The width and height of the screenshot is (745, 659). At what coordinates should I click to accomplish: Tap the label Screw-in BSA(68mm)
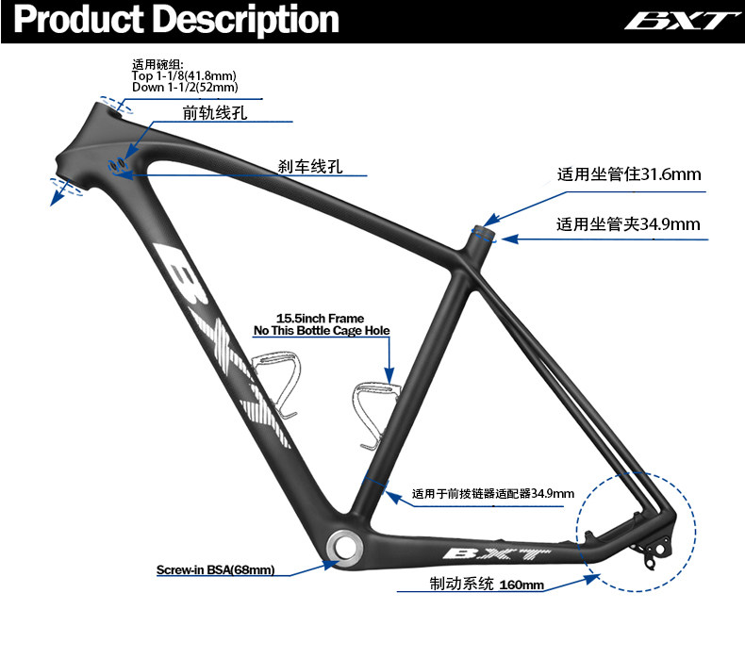click(x=215, y=569)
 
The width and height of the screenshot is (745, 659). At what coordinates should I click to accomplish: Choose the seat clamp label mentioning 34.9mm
click(x=627, y=223)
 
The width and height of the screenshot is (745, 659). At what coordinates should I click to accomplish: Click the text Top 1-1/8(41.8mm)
click(x=185, y=76)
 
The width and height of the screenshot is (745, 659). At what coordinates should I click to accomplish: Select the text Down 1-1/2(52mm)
click(x=185, y=88)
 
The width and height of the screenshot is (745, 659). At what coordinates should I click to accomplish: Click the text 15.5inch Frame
click(x=320, y=319)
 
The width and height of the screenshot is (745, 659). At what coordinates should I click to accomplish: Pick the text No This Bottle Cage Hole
click(x=322, y=331)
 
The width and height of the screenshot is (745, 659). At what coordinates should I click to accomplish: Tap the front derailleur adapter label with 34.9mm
click(x=493, y=493)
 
